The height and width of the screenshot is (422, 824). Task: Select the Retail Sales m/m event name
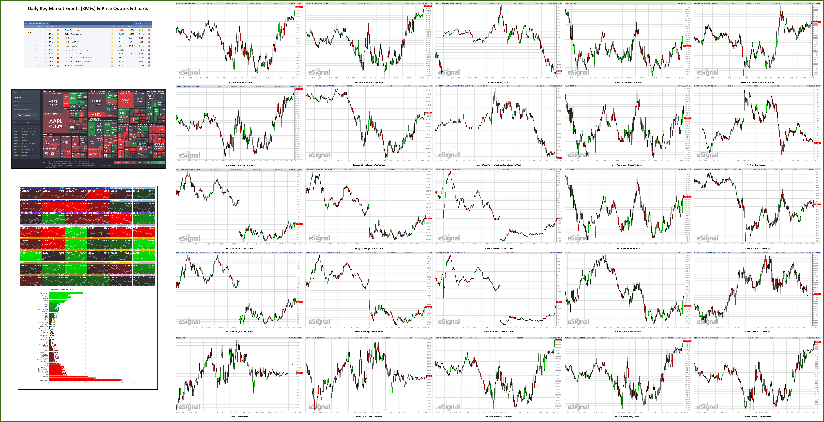(72, 30)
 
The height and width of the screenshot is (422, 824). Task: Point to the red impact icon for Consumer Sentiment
(58, 58)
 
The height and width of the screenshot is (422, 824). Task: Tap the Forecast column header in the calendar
(131, 27)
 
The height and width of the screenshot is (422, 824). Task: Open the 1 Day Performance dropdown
(26, 115)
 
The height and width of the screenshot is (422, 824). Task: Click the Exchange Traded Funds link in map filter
(24, 110)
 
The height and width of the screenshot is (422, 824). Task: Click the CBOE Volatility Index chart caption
(499, 82)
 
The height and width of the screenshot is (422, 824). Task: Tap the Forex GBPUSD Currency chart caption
(757, 248)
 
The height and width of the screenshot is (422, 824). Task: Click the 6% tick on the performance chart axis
(122, 383)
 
